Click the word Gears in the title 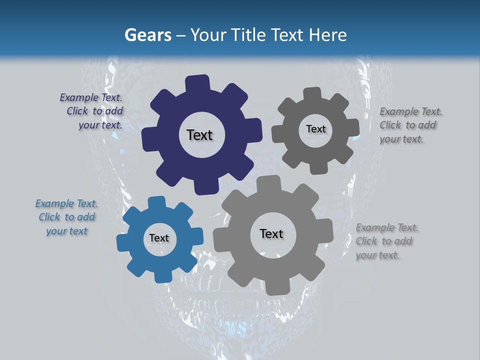click(147, 35)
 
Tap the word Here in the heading click(327, 35)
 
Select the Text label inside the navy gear click(199, 135)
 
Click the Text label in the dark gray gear click(315, 129)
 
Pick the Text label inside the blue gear click(159, 238)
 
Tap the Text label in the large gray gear click(271, 233)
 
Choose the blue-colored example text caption click(66, 217)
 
